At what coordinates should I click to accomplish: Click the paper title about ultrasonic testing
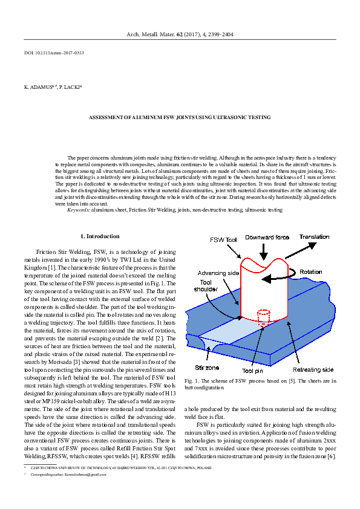[180, 117]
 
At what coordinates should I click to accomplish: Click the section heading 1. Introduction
[100, 236]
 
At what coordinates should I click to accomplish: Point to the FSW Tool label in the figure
[223, 240]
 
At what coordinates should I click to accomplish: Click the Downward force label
[267, 237]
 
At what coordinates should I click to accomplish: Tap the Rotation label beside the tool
[311, 272]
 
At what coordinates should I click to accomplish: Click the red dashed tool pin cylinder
[263, 317]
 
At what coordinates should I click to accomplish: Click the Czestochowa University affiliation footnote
[121, 468]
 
